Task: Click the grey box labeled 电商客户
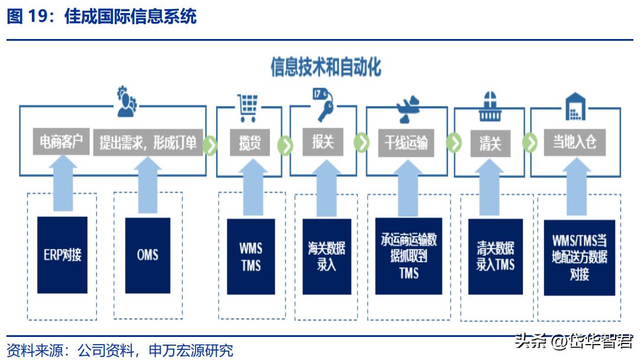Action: coord(61,143)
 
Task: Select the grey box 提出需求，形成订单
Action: coord(148,143)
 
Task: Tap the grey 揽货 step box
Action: coord(249,143)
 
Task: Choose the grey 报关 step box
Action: coord(323,142)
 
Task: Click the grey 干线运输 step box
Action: coord(405,143)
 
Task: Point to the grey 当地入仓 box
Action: coord(574,143)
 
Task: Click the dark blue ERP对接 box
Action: coord(62,255)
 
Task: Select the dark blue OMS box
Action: coord(148,255)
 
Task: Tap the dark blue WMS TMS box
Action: coord(251,257)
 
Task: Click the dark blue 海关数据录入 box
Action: coord(326,257)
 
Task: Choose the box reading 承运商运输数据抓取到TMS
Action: coord(408,257)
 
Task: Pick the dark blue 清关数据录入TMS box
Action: coord(495,257)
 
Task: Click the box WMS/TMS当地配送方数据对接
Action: coord(579,258)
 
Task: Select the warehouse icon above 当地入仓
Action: coord(574,106)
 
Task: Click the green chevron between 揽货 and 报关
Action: coord(285,144)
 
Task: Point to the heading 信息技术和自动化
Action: coord(326,67)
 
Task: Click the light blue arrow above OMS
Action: coord(148,183)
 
